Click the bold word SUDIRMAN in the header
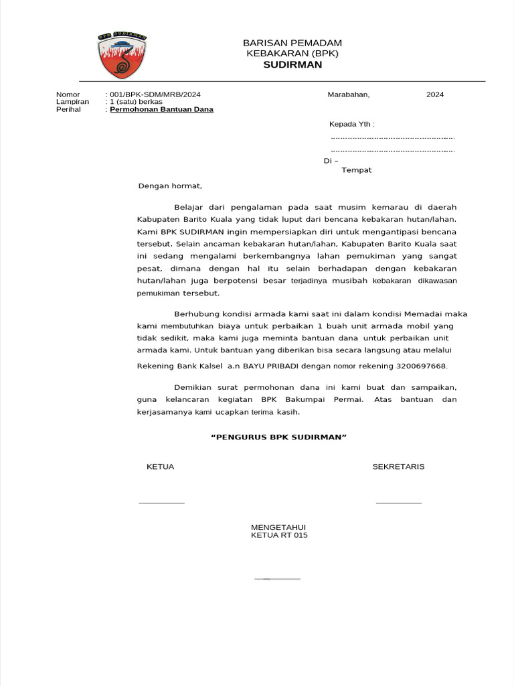(292, 65)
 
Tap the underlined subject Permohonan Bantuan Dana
(161, 109)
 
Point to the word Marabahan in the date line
(348, 94)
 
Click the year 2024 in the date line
(435, 94)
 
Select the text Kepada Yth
(351, 125)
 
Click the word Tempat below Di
(356, 170)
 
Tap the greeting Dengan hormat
(169, 186)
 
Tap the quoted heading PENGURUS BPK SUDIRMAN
(278, 437)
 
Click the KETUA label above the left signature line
(160, 467)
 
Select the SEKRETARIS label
(398, 467)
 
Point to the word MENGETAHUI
(278, 528)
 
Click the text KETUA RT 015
(279, 536)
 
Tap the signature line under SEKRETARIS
(399, 502)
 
